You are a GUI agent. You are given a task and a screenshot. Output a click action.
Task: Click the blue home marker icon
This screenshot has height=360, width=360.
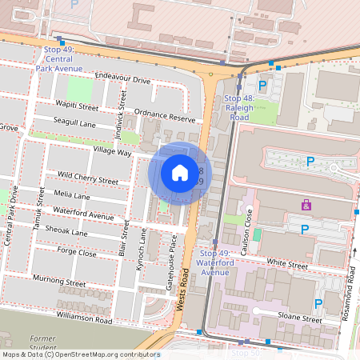click(179, 173)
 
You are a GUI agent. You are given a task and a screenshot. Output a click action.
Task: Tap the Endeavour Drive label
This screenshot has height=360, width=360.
click(122, 80)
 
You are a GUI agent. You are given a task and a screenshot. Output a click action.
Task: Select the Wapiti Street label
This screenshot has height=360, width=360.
click(78, 106)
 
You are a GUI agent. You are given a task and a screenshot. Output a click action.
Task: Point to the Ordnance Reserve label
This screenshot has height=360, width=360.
click(166, 116)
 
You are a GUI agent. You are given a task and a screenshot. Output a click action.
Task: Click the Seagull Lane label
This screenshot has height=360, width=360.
click(74, 124)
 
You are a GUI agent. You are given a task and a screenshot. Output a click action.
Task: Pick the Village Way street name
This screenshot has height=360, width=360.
click(112, 151)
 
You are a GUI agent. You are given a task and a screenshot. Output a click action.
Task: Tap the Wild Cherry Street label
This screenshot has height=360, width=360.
click(88, 178)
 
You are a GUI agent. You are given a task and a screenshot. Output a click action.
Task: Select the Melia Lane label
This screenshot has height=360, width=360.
click(71, 195)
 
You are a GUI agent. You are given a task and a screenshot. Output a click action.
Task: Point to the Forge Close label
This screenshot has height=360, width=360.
click(77, 253)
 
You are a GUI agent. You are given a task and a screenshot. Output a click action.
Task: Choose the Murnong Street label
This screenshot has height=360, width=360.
click(58, 282)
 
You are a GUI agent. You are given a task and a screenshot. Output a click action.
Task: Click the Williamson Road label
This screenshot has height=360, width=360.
click(84, 318)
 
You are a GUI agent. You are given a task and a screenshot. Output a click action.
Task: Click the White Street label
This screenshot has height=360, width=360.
click(287, 264)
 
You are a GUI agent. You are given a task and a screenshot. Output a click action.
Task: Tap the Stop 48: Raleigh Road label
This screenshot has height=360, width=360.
click(237, 106)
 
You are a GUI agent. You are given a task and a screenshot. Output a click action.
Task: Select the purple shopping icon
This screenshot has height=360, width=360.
click(306, 206)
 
